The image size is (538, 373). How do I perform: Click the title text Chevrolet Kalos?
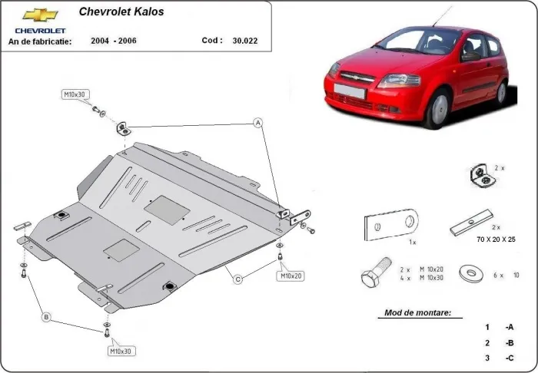[121, 12]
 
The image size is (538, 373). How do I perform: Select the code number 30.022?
[244, 41]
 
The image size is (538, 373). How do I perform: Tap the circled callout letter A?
[258, 122]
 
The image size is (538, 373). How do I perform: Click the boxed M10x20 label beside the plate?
[291, 275]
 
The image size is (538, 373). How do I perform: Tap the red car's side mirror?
[470, 55]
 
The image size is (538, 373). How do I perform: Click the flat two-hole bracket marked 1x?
[390, 224]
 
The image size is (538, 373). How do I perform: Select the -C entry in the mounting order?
[509, 358]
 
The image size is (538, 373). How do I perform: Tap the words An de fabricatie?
[40, 41]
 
